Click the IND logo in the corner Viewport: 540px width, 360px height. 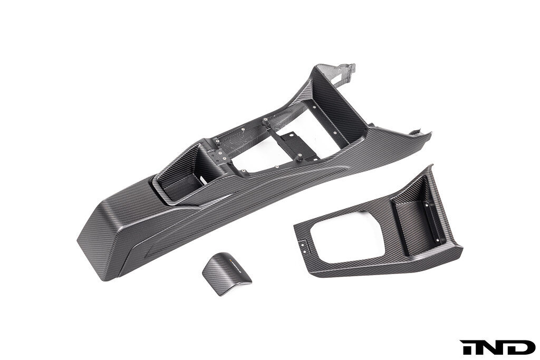[498, 347]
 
